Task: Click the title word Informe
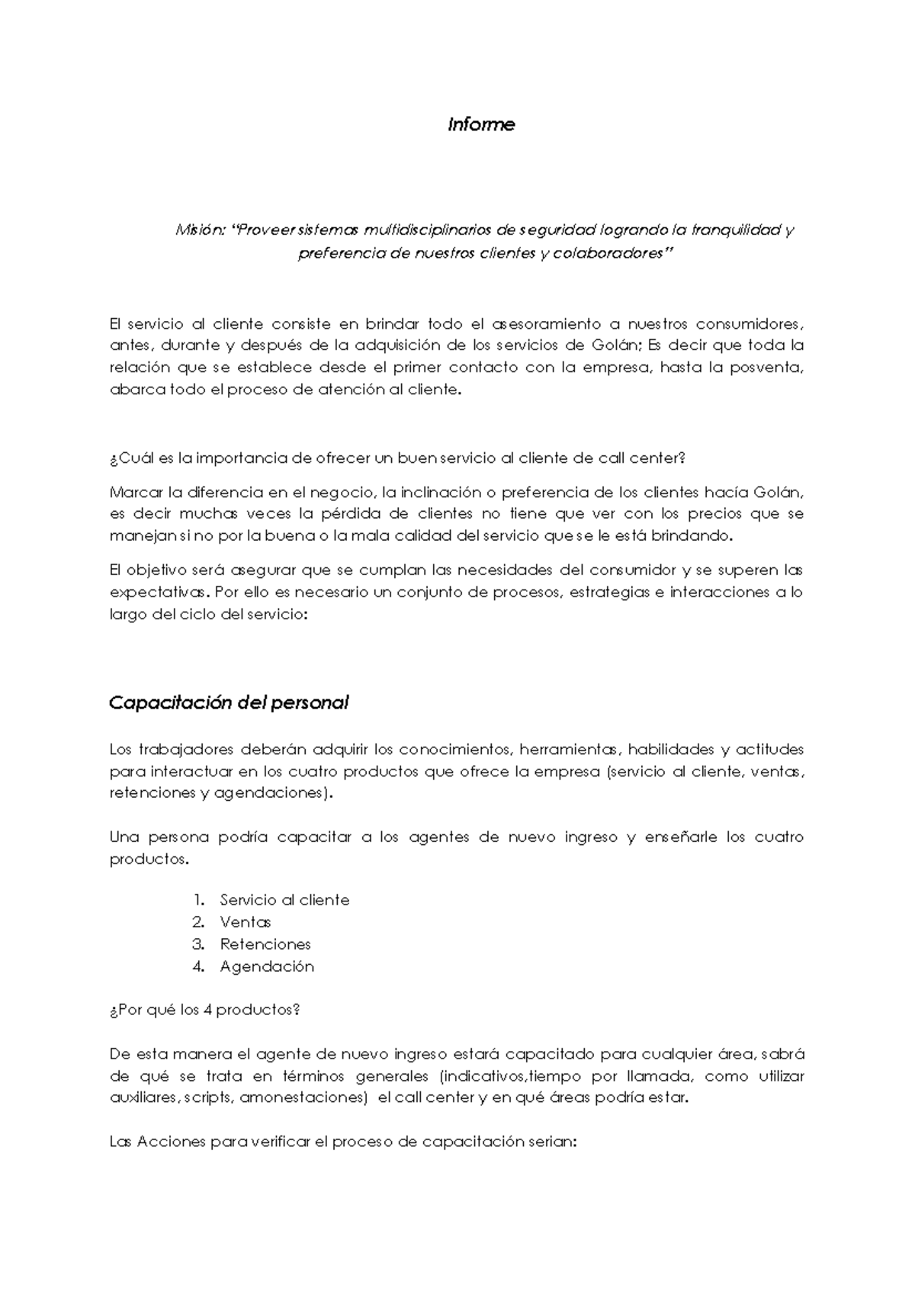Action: (481, 124)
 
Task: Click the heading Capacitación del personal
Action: (229, 702)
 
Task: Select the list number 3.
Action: (199, 944)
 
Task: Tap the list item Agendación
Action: (267, 966)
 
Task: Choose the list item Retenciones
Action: (265, 944)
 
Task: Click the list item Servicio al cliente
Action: (284, 900)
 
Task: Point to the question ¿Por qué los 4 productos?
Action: (204, 1010)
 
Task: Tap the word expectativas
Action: (158, 593)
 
